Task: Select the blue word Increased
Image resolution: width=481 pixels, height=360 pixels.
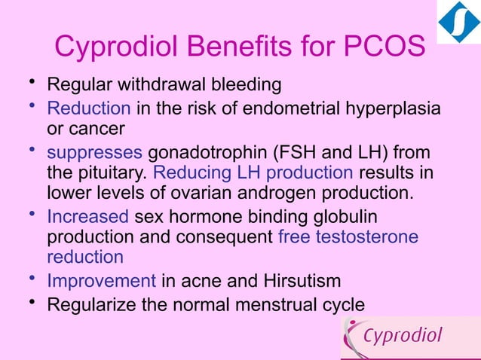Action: [87, 217]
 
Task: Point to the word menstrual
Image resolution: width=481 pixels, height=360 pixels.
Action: [270, 305]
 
